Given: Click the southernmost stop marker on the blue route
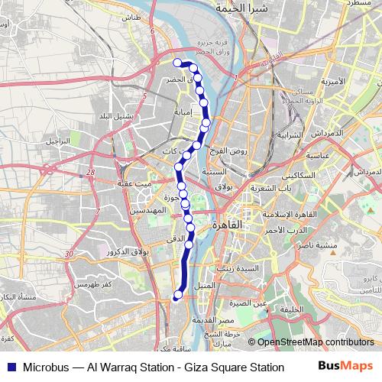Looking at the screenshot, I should click(x=178, y=295).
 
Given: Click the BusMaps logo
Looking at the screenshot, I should click(x=344, y=367).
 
